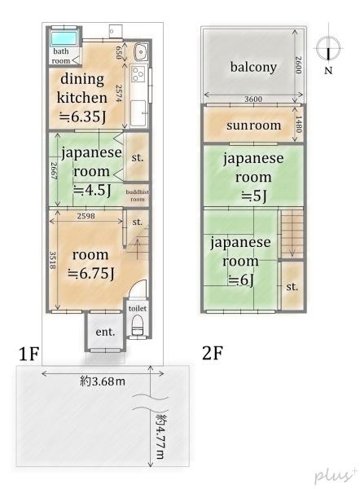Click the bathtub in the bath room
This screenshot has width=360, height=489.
click(x=62, y=38)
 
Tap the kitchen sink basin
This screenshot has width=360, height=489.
click(x=139, y=51)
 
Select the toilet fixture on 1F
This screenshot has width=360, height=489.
click(x=136, y=327)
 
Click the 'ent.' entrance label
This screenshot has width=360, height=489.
click(x=105, y=333)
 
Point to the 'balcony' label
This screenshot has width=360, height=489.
click(x=252, y=67)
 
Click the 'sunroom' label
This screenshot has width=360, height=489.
click(x=253, y=126)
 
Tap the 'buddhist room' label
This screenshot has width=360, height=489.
click(x=136, y=196)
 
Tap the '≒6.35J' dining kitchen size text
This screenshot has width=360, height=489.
click(x=82, y=116)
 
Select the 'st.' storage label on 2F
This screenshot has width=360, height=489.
click(x=291, y=286)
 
